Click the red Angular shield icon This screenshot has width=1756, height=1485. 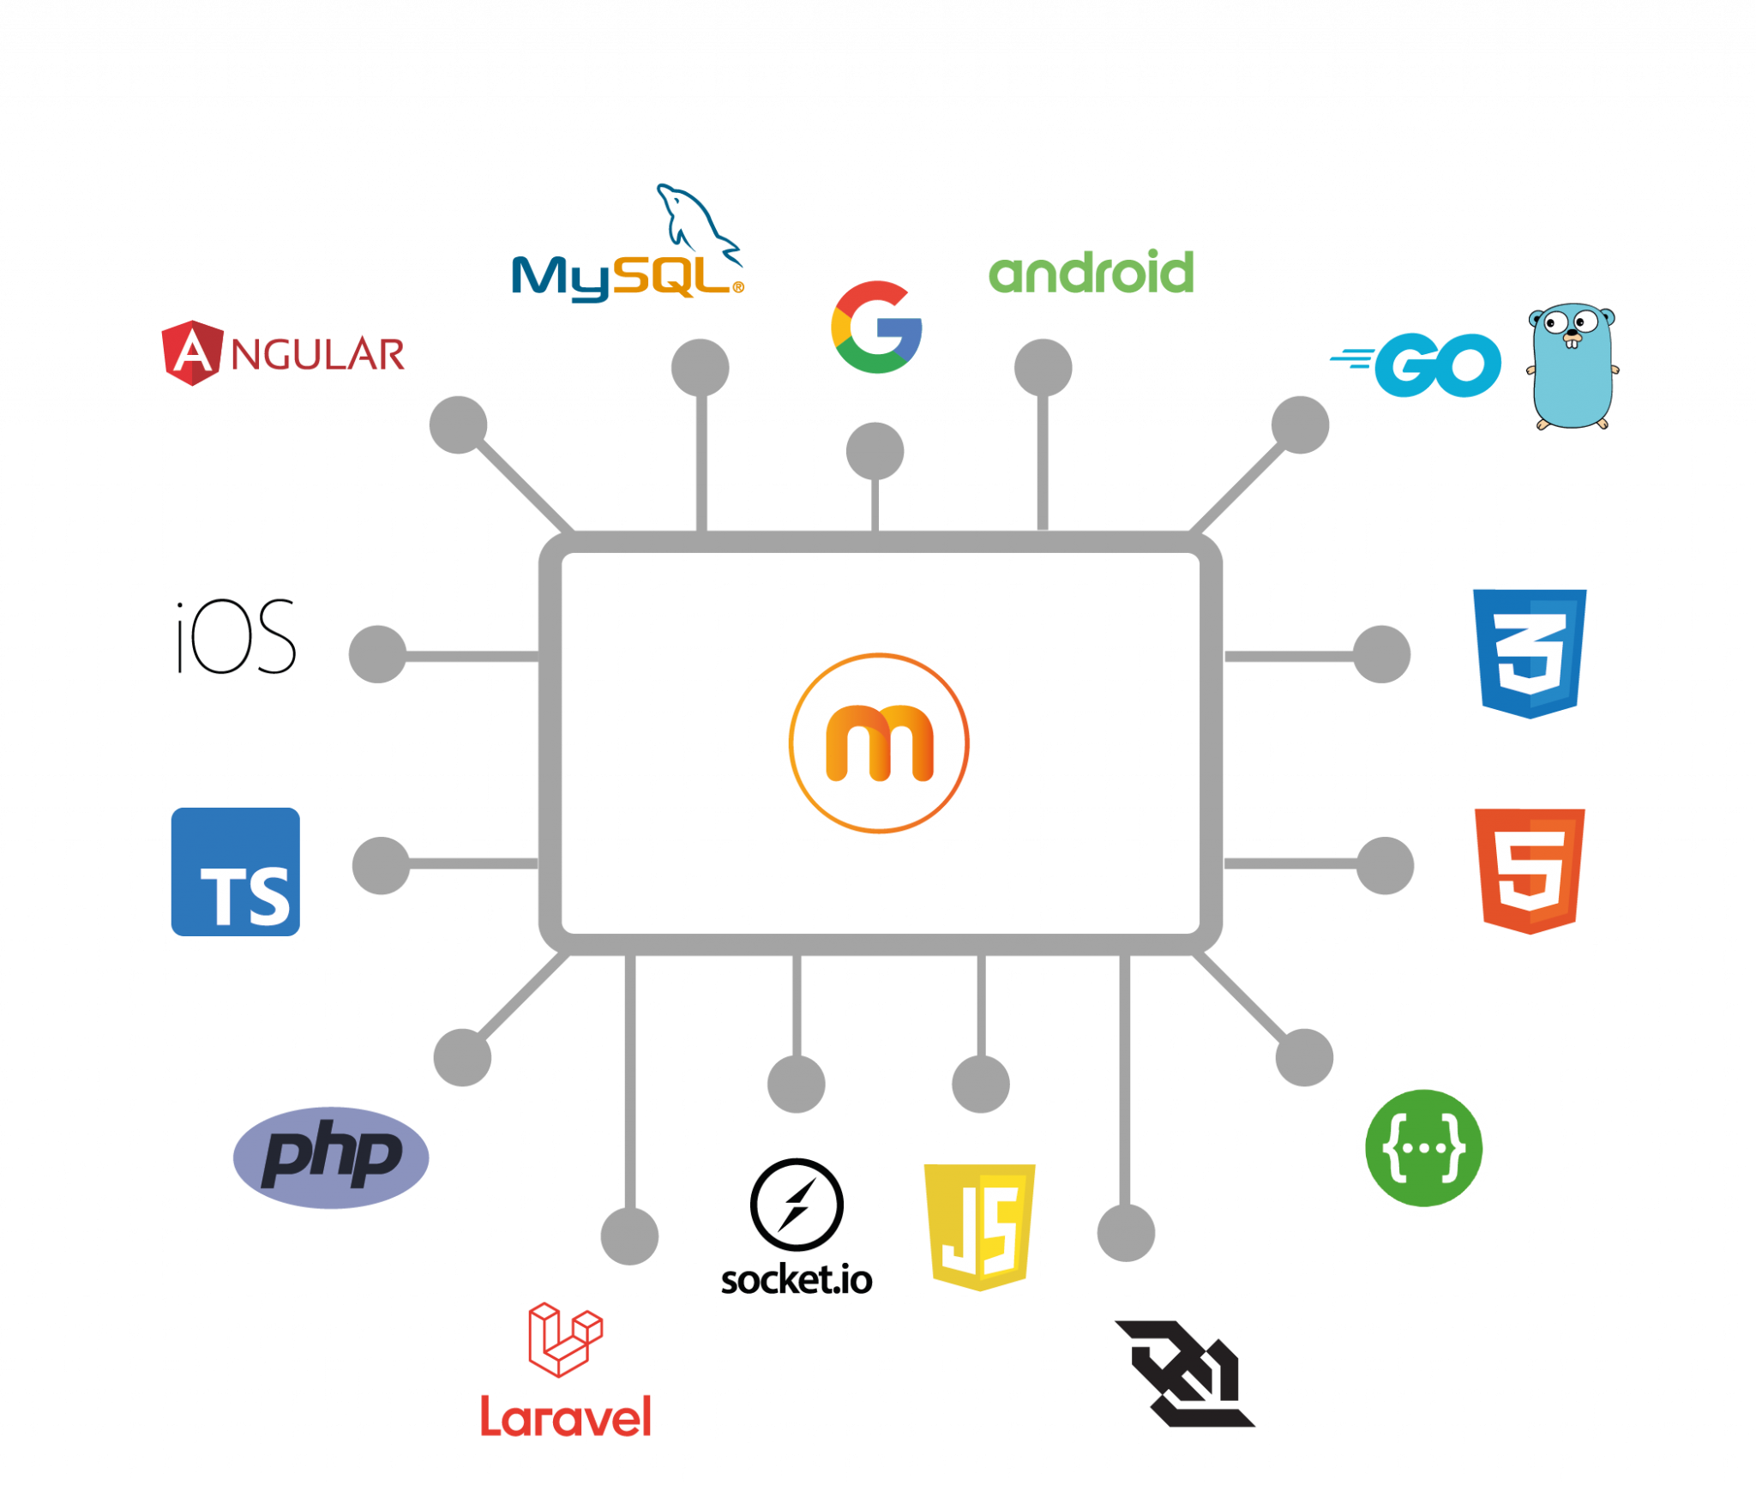point(192,353)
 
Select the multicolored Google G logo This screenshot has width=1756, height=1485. point(876,327)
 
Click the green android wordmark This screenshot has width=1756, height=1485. point(1091,272)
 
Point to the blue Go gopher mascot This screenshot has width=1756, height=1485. point(1572,366)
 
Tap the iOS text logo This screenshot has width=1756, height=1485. point(235,636)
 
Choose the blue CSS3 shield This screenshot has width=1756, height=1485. point(1530,653)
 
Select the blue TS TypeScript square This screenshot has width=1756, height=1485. point(236,871)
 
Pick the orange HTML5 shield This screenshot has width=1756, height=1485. point(1530,871)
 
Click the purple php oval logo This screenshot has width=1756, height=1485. point(331,1157)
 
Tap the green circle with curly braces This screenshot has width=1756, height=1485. point(1423,1148)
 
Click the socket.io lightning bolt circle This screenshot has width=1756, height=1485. point(797,1205)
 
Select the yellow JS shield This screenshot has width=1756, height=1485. point(980,1227)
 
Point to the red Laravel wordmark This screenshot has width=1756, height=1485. point(566,1417)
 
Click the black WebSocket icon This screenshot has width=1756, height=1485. point(1185,1374)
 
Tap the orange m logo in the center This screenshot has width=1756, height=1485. point(879,742)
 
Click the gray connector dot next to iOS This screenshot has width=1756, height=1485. point(377,654)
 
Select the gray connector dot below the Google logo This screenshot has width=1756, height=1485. point(875,451)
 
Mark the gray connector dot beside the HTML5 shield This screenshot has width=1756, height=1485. point(1385,866)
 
